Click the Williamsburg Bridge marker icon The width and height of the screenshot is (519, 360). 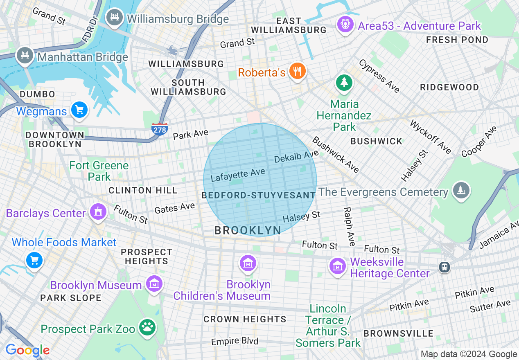(x=115, y=18)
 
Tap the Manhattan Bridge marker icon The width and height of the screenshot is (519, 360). (x=25, y=55)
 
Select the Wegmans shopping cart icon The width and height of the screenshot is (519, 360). (x=79, y=110)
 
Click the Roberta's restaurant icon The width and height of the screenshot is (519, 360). (x=298, y=71)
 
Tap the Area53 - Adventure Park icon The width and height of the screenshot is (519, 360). (x=345, y=25)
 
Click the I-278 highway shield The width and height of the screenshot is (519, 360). (x=159, y=129)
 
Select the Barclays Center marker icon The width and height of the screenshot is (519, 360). (x=98, y=212)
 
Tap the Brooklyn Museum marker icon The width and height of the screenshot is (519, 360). (x=154, y=284)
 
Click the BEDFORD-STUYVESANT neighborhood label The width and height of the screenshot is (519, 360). (x=259, y=195)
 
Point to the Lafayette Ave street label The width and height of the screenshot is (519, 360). (x=238, y=175)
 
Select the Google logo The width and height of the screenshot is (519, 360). (x=27, y=350)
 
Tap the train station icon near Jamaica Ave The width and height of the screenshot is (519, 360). (x=444, y=267)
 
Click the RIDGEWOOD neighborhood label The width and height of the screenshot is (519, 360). (x=449, y=87)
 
